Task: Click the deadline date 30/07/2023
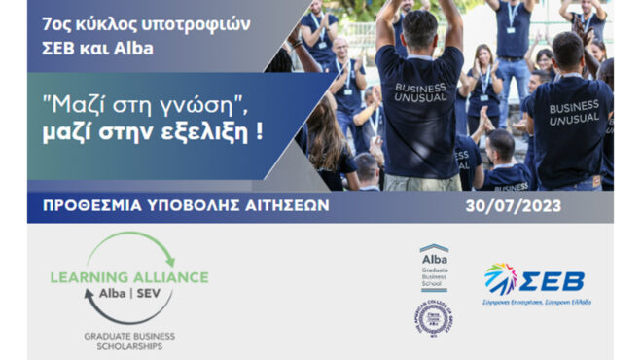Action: (x=533, y=206)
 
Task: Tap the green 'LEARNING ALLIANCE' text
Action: (x=129, y=277)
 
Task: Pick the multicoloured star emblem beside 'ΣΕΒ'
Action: (x=501, y=278)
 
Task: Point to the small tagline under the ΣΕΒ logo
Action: (x=538, y=303)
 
